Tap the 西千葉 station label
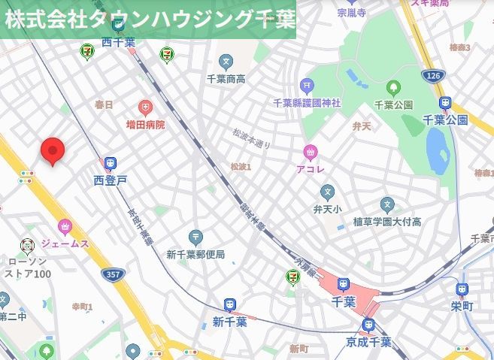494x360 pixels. [x=118, y=42]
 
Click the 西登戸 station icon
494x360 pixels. [x=111, y=163]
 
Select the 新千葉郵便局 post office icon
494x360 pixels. [x=195, y=237]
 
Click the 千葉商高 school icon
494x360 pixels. [x=226, y=62]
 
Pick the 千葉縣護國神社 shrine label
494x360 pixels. [x=306, y=102]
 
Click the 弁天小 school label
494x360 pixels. [x=327, y=209]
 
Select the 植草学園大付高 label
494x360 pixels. [x=387, y=222]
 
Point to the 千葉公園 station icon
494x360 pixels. [x=446, y=103]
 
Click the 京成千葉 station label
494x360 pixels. [x=368, y=342]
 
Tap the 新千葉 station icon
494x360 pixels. [x=229, y=305]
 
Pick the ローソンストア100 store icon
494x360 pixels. [x=27, y=245]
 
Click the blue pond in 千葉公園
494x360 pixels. [x=436, y=150]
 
